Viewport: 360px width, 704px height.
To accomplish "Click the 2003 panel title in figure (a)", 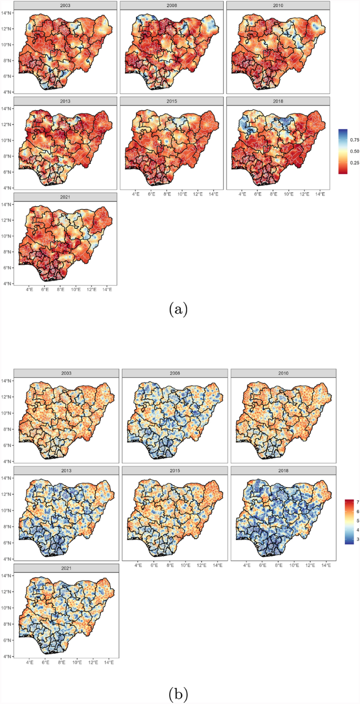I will point(65,5).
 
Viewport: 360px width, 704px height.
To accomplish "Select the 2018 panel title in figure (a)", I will point(278,100).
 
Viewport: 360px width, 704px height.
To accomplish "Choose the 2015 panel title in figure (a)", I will point(171,100).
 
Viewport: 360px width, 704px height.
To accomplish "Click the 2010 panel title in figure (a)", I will point(278,5).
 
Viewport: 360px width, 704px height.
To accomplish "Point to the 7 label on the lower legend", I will point(357,503).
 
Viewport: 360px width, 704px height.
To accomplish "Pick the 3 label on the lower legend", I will point(357,539).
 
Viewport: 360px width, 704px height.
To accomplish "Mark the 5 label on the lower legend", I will point(357,521).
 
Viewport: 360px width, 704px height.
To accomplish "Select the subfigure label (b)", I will point(178,694).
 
